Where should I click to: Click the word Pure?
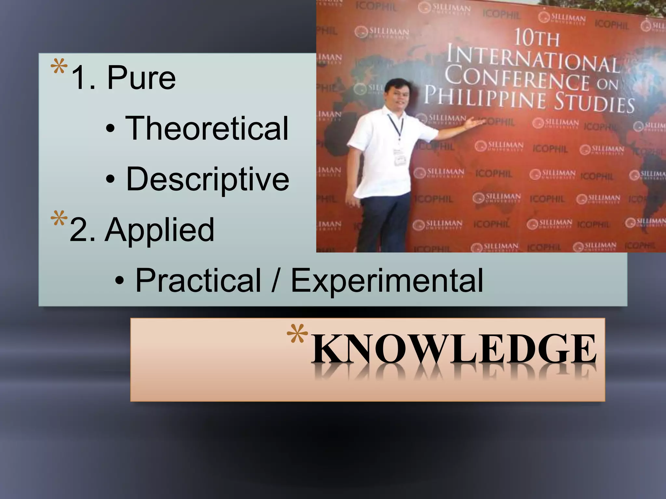(141, 78)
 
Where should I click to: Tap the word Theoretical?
(207, 129)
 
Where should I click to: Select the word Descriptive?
(207, 179)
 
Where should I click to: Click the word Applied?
(159, 230)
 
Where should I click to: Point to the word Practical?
(198, 280)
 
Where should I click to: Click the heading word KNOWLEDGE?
(453, 349)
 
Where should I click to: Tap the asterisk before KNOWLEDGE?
(297, 334)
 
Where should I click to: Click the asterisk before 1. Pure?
(59, 67)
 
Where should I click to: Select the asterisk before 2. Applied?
(59, 219)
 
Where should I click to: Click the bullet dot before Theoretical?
(110, 129)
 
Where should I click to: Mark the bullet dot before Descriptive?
(110, 179)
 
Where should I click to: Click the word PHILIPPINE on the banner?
(485, 96)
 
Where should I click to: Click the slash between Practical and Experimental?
(275, 280)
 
